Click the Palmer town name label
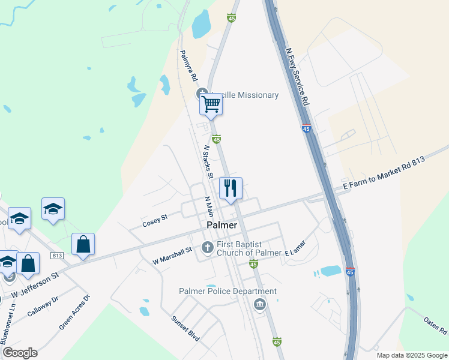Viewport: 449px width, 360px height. click(221, 225)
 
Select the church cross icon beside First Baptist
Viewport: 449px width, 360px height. click(207, 247)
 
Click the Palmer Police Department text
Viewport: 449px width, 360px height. click(228, 292)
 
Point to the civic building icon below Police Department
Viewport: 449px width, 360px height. click(259, 305)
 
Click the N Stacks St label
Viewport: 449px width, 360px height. click(208, 162)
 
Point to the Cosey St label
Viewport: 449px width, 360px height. click(154, 223)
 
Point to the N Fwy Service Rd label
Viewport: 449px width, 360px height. click(298, 77)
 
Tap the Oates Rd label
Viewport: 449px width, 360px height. click(435, 326)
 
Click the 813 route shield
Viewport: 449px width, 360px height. click(58, 256)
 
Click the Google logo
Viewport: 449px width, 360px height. click(20, 353)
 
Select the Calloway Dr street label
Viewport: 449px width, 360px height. click(43, 306)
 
